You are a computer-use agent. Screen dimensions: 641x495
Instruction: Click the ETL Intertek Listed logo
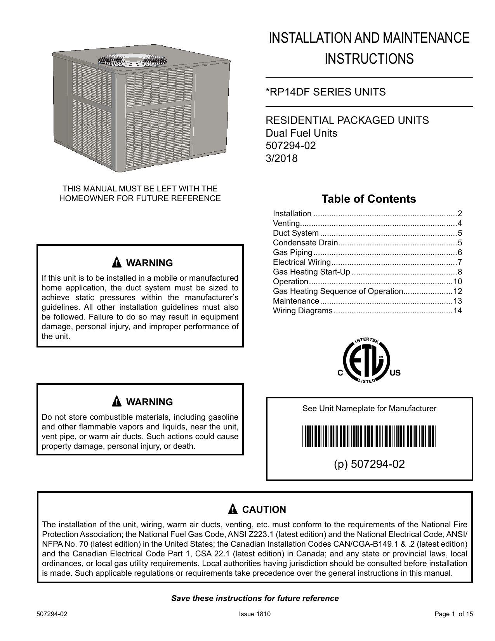(366, 360)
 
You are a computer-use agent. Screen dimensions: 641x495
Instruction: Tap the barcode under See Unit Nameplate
(369, 436)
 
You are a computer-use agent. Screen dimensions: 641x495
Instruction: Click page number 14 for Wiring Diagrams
(458, 311)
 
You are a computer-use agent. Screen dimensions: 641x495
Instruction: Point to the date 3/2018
(281, 158)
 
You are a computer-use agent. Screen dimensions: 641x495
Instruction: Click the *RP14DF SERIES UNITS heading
(325, 92)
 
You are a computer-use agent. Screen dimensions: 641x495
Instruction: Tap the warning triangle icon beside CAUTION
(233, 509)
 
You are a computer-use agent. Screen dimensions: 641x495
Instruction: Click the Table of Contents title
(368, 199)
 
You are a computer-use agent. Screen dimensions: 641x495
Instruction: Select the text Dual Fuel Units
(301, 133)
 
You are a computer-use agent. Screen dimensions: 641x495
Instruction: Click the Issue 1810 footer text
(255, 614)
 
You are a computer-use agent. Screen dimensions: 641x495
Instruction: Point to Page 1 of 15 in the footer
(453, 614)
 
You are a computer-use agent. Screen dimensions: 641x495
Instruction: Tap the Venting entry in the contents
(286, 223)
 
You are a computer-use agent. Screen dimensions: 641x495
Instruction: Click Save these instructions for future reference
(255, 598)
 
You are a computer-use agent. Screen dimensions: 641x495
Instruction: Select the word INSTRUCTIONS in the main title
(369, 59)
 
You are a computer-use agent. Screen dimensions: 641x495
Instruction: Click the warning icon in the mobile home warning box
(116, 262)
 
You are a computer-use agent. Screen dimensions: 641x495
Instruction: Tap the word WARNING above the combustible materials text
(149, 402)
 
